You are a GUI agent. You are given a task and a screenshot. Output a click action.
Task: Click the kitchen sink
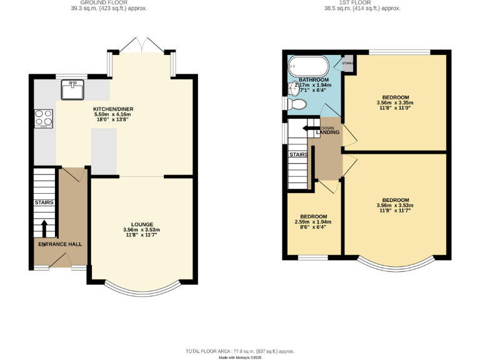point(72,89)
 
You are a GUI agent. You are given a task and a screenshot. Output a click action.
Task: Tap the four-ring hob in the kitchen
point(44,118)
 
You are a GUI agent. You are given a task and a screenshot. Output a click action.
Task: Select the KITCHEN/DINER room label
point(113,109)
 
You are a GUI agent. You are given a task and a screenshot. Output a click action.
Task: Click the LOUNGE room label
point(142,224)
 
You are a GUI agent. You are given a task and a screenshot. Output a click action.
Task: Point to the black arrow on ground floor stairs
point(44,229)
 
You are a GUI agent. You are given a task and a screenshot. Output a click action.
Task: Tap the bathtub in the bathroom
point(307,66)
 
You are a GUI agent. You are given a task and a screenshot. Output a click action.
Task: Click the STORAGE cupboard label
point(347,63)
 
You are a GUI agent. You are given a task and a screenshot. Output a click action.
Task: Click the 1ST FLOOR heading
point(362,2)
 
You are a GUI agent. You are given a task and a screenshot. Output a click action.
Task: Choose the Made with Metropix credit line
point(239,358)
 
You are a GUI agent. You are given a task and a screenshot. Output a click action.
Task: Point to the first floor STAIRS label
point(297,154)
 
